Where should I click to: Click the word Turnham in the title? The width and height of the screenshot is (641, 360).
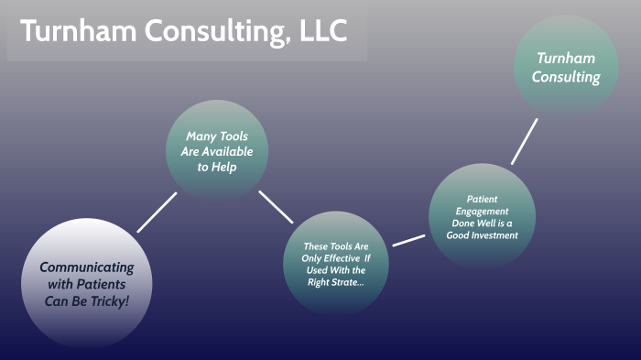[77, 31]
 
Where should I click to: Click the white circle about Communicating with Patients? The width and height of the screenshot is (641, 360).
[86, 283]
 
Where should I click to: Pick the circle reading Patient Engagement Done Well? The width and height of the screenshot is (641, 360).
[482, 216]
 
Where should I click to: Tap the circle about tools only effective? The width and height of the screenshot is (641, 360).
[336, 264]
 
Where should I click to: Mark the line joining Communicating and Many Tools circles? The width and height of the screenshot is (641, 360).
[157, 212]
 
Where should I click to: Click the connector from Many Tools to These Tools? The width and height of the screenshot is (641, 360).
[276, 207]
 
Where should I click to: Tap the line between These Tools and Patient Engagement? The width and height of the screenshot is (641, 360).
[408, 240]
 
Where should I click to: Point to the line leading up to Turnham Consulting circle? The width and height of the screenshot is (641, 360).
[524, 140]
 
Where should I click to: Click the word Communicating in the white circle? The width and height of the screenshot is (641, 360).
[87, 267]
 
